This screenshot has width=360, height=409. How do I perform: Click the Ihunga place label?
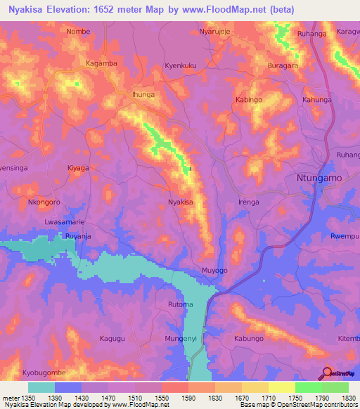pos(142,93)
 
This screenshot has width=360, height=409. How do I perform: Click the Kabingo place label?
pos(249,100)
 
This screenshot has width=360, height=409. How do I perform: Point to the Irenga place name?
pos(249,202)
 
